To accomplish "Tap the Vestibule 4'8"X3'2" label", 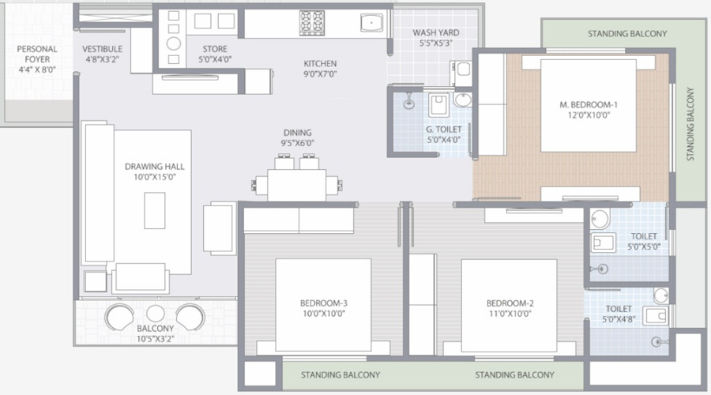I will point(102,55).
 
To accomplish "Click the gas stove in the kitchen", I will point(310,21).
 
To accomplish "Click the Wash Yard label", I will point(436,38).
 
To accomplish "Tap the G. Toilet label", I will point(442,134).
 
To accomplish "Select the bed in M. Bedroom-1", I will point(589,106).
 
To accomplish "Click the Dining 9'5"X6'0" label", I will point(298,138).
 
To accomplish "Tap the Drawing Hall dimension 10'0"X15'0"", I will point(155,178).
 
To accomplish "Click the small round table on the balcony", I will point(155,314).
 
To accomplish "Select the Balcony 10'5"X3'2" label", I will point(155,334).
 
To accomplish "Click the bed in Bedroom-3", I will point(323,306).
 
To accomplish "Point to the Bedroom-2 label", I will point(510,303).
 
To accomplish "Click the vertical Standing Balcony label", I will point(690,124).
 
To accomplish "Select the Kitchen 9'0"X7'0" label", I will point(320,69).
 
